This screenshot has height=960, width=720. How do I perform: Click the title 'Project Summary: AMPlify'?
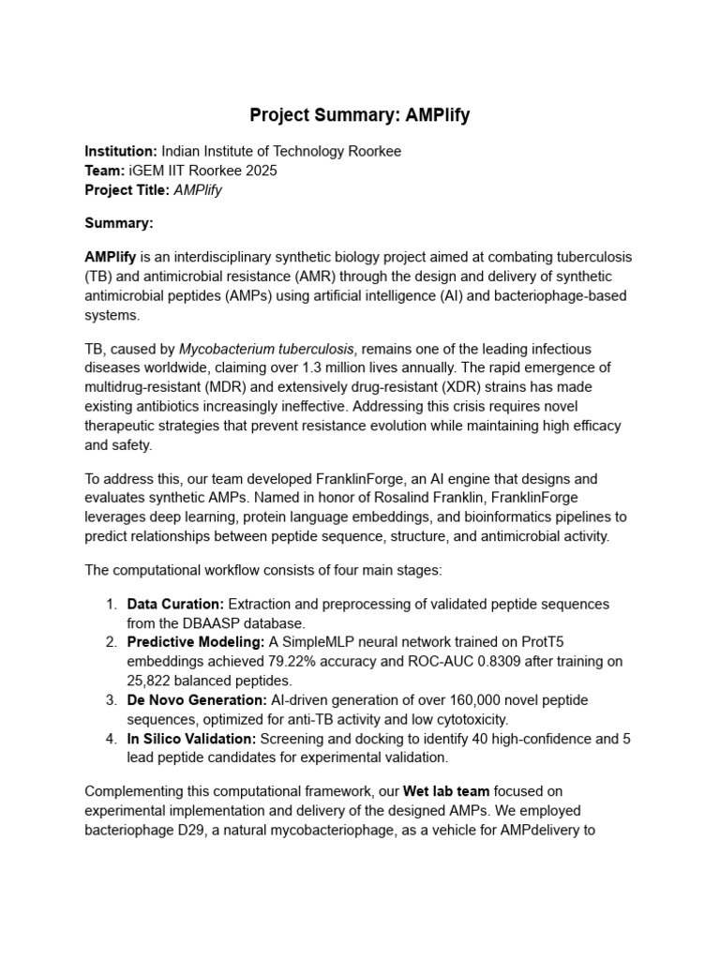[x=360, y=116]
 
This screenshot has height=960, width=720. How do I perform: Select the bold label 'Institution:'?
[x=121, y=151]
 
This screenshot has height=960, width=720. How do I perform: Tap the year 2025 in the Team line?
[x=260, y=171]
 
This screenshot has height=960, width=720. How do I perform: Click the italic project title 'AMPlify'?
[x=198, y=190]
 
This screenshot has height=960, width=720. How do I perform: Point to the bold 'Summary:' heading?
[x=119, y=223]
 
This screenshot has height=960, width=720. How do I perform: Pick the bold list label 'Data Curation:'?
[x=175, y=604]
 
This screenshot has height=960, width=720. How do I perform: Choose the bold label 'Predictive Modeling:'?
[x=196, y=642]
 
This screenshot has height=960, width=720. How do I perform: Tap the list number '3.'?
[x=111, y=700]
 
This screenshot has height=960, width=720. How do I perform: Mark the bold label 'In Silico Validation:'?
[x=191, y=739]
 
